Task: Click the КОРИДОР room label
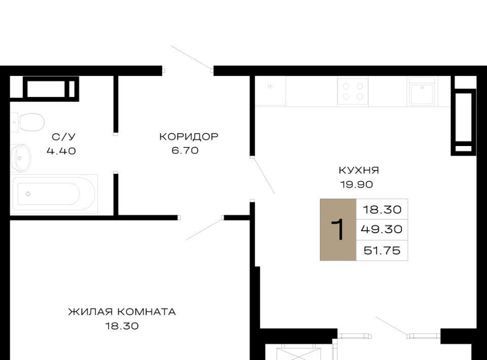189,136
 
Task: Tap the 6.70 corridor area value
185,151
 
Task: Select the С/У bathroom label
63,137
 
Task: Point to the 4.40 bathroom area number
61,151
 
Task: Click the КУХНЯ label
359,170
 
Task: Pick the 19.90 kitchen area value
357,185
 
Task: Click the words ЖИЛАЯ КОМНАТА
122,312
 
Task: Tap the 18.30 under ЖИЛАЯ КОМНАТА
122,326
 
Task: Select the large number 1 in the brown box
338,229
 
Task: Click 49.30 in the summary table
381,229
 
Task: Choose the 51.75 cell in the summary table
382,250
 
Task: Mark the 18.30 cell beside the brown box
382,209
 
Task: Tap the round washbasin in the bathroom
21,158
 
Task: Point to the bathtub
54,194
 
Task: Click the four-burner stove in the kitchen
353,92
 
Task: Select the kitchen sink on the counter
422,92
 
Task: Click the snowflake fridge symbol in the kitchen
270,86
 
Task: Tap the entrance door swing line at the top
191,57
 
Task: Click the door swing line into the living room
204,229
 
